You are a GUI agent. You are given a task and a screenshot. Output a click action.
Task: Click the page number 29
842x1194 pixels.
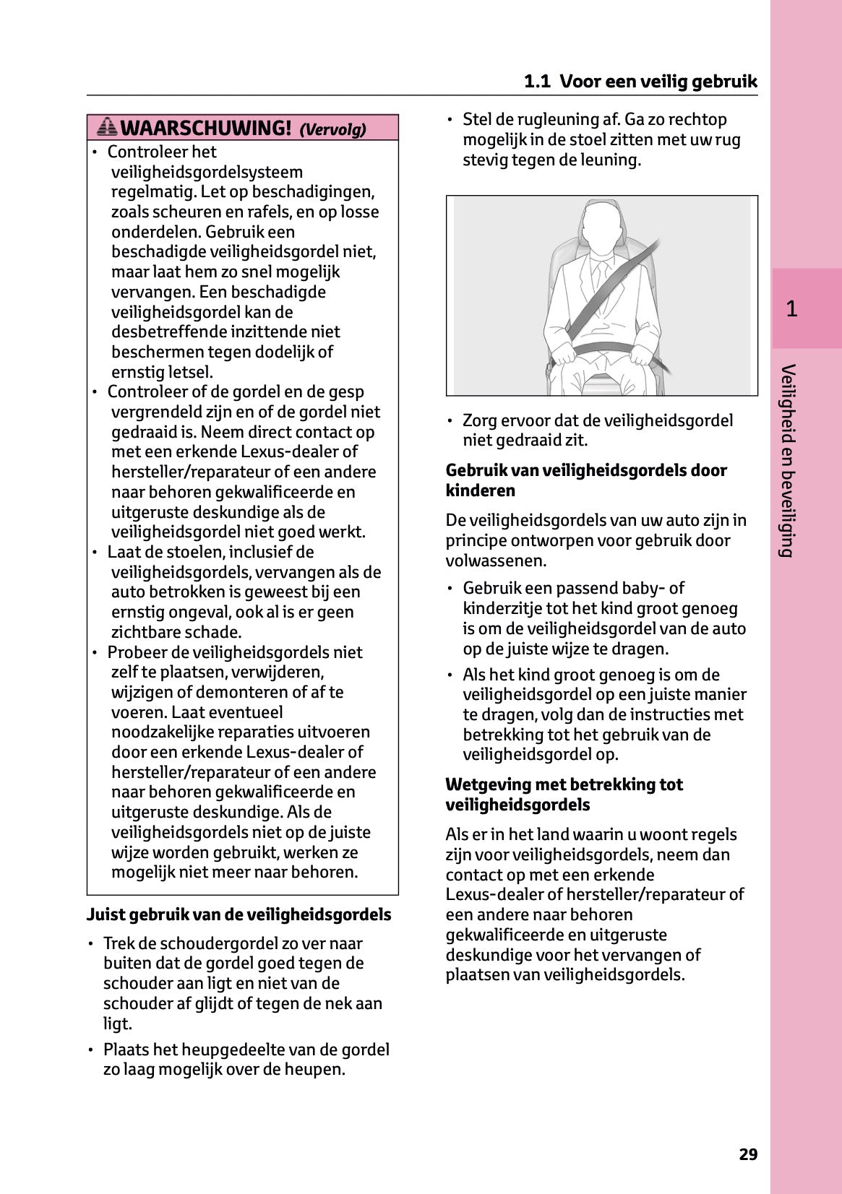click(x=748, y=1154)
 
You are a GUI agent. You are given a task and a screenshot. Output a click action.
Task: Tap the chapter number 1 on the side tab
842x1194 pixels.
click(x=791, y=309)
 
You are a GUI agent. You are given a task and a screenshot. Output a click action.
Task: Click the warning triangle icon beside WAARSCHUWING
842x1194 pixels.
click(x=107, y=127)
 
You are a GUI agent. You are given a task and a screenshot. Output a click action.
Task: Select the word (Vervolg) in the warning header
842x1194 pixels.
click(x=332, y=130)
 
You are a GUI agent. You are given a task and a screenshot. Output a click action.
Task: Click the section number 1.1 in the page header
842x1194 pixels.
click(x=537, y=82)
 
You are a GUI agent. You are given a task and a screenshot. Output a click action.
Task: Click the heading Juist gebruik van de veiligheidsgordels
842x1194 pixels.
click(x=239, y=914)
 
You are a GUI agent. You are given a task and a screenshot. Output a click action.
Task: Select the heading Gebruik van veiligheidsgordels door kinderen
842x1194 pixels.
click(x=586, y=480)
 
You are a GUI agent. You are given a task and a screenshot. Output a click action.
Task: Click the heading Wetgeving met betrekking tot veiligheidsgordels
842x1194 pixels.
click(x=564, y=795)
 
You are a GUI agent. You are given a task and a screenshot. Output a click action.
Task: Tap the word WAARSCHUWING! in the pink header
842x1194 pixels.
click(x=206, y=129)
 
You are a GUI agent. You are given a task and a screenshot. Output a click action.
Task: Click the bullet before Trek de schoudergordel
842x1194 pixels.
click(x=91, y=944)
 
